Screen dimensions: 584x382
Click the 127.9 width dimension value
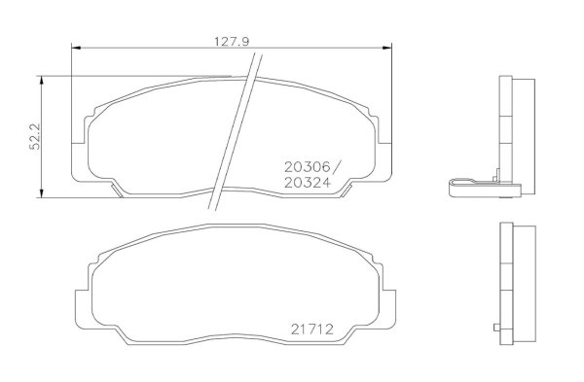[232, 42]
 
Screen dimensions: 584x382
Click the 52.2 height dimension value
[35, 137]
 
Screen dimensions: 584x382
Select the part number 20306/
[312, 167]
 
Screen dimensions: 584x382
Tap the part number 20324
[308, 183]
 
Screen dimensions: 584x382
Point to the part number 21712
[312, 330]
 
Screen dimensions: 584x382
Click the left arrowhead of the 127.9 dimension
[76, 48]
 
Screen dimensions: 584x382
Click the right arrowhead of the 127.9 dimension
[387, 48]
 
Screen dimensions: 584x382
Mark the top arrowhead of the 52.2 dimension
[41, 81]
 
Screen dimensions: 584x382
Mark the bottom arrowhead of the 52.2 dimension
[41, 193]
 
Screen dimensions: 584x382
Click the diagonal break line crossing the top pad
[235, 132]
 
